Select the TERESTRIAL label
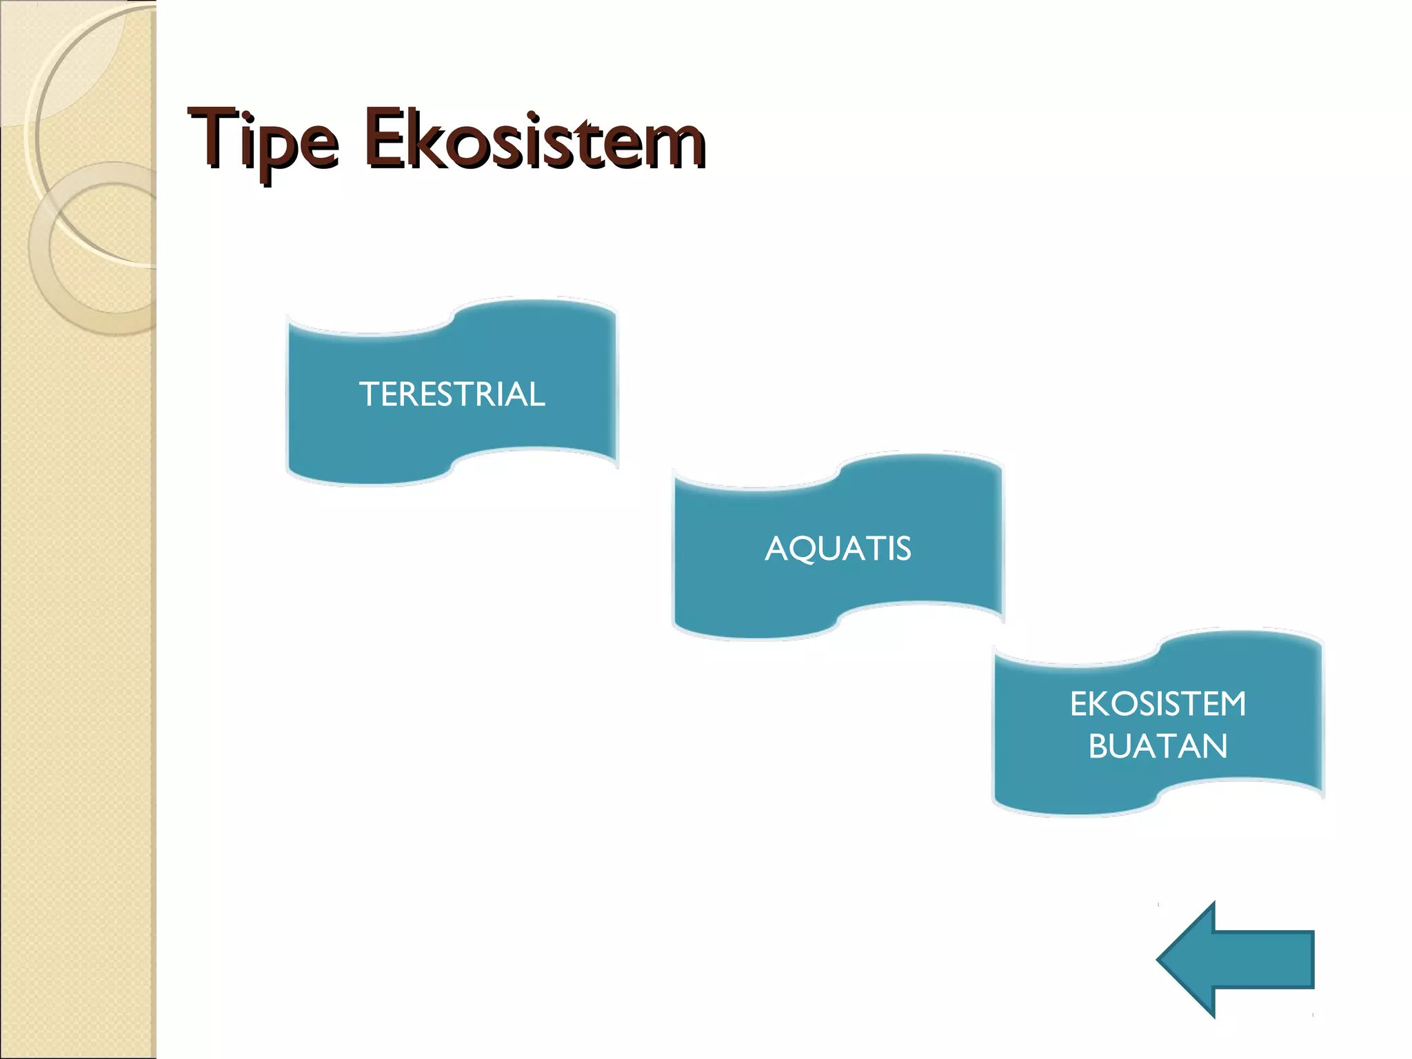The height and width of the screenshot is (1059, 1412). click(452, 394)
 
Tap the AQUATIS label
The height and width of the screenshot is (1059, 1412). click(838, 549)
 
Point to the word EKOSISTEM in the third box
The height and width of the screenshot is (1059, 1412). click(1158, 704)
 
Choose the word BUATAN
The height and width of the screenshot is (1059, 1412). click(1158, 746)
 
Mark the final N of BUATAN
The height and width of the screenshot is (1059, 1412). click(1216, 746)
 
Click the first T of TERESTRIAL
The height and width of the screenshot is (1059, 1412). click(369, 394)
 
